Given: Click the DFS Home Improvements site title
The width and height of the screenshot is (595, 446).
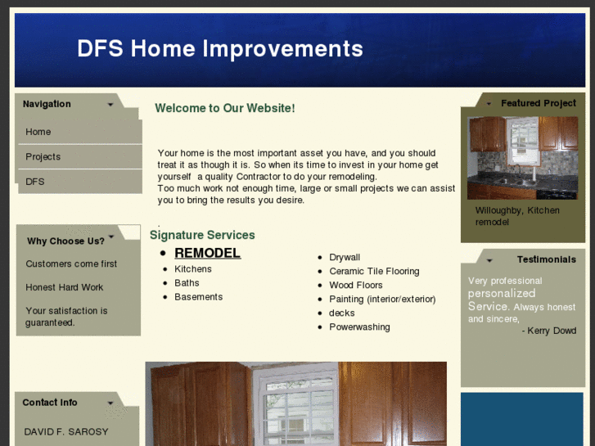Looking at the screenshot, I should tap(219, 49).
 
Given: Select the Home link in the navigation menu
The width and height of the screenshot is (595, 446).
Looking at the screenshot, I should tap(38, 132).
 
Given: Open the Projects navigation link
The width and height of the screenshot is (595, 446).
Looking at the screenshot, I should tap(43, 156).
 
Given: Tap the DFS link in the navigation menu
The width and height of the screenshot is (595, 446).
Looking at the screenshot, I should tap(34, 181).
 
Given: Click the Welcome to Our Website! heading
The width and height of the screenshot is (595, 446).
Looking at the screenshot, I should tap(224, 108).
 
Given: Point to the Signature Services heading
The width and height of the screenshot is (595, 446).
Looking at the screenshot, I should tap(202, 235).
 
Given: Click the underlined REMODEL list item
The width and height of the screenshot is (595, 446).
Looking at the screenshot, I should tap(207, 253).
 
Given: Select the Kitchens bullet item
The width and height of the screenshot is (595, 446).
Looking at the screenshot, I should tap(192, 269).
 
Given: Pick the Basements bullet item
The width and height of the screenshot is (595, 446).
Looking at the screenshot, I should tap(198, 297).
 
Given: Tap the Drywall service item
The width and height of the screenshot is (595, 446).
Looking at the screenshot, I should tap(345, 257).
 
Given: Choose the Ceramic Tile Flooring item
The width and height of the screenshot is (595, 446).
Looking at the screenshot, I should tap(374, 271).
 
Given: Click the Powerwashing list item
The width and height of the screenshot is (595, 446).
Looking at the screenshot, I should tap(359, 327).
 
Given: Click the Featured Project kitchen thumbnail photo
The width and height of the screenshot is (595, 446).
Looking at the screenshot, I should tap(522, 157).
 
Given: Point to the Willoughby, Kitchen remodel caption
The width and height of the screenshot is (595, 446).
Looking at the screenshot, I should tap(517, 216).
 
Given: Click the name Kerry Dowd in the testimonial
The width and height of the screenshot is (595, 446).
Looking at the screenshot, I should tap(552, 331).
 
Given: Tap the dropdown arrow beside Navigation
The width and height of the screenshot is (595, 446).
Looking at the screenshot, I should tap(110, 105).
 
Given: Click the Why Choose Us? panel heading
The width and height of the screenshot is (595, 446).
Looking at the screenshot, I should tap(65, 241).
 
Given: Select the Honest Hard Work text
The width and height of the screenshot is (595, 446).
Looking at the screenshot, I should tap(64, 287).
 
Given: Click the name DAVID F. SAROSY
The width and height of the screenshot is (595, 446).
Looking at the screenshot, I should tap(65, 431).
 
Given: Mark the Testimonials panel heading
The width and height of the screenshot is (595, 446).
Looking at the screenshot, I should tap(546, 259).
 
